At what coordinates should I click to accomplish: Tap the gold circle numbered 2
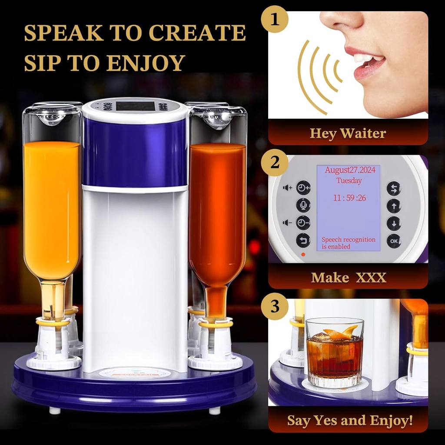(x=274, y=163)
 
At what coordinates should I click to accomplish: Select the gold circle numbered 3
(x=274, y=306)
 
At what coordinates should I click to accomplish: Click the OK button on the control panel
(x=394, y=241)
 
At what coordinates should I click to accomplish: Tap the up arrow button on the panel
(x=394, y=206)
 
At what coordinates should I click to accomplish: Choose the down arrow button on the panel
(x=394, y=223)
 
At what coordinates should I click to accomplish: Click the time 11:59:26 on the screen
(x=349, y=198)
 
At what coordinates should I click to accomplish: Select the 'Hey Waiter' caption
(x=348, y=133)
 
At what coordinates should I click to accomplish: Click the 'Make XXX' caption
(x=348, y=277)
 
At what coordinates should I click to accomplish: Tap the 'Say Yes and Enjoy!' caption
(x=349, y=420)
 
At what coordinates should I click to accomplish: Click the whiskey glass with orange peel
(x=334, y=352)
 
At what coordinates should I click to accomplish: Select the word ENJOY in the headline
(x=146, y=63)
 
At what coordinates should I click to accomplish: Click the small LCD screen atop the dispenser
(x=135, y=106)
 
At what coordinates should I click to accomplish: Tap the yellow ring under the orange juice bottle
(x=53, y=323)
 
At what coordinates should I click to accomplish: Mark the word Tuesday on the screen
(x=349, y=180)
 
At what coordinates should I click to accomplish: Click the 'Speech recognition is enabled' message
(x=348, y=243)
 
